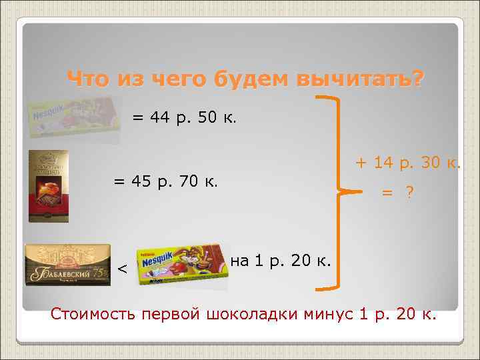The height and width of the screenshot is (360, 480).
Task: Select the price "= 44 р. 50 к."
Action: pyautogui.click(x=183, y=118)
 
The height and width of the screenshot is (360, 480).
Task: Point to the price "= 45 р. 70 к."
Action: pyautogui.click(x=165, y=181)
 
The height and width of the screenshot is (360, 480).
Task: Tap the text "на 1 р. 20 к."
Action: pyautogui.click(x=280, y=260)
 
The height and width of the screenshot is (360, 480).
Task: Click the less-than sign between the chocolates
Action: pyautogui.click(x=122, y=268)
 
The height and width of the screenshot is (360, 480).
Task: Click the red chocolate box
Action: pyautogui.click(x=48, y=185)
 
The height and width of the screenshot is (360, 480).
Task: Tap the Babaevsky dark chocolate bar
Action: pyautogui.click(x=67, y=265)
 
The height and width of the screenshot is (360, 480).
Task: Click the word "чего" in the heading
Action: pyautogui.click(x=178, y=79)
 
